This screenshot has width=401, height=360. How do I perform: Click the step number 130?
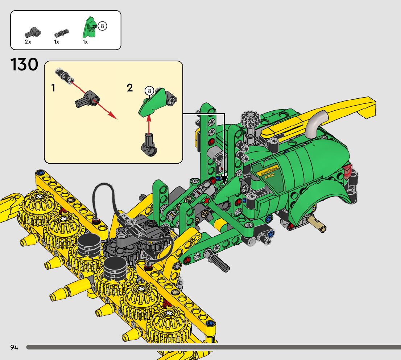pyautogui.click(x=24, y=65)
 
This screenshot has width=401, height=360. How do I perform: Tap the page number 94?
pyautogui.click(x=15, y=347)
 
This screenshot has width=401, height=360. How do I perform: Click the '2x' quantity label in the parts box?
pyautogui.click(x=28, y=42)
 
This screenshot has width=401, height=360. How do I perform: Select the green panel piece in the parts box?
pyautogui.click(x=88, y=27)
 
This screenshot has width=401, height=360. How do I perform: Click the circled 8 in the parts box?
pyautogui.click(x=102, y=26)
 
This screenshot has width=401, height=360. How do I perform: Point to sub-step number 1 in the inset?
pyautogui.click(x=53, y=88)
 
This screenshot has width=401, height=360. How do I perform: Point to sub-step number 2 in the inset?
pyautogui.click(x=130, y=88)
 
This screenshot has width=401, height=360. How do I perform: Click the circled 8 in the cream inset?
pyautogui.click(x=149, y=91)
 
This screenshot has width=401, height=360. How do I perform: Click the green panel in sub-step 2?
pyautogui.click(x=152, y=102)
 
